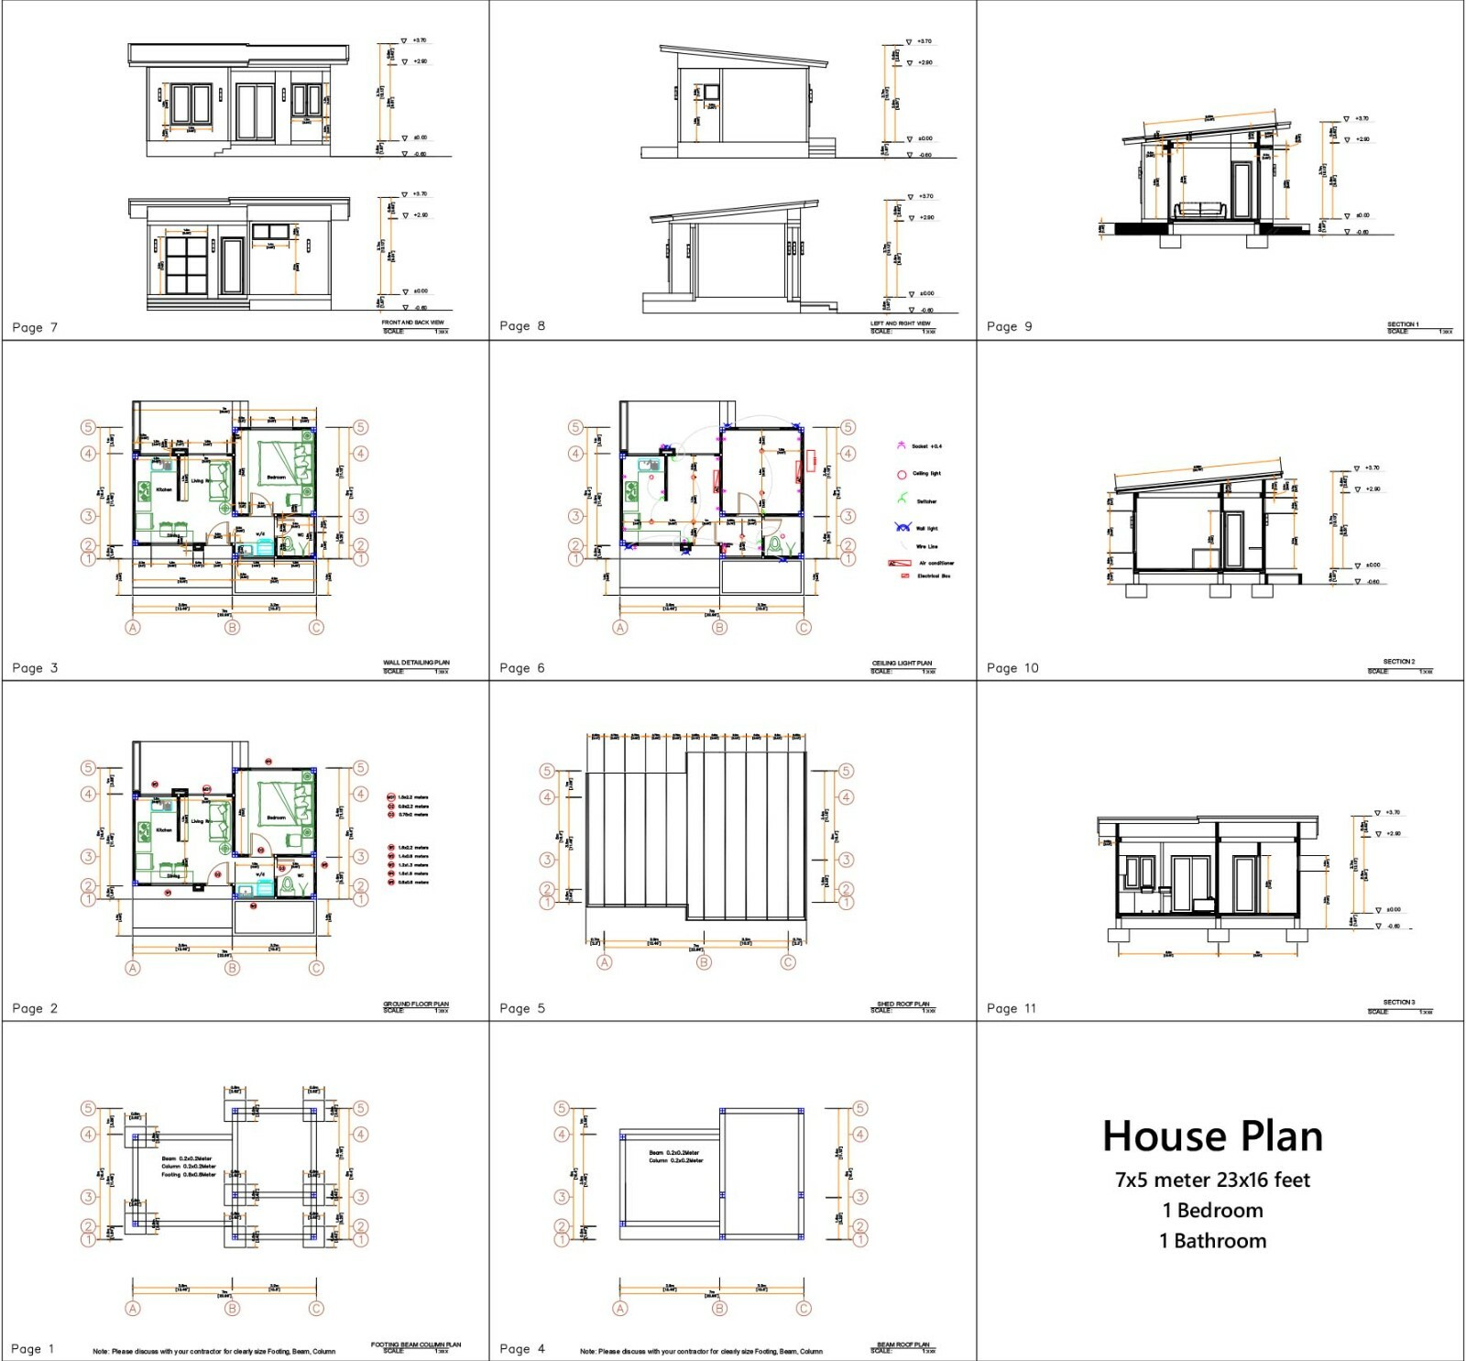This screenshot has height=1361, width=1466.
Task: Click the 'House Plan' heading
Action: click(x=1212, y=1136)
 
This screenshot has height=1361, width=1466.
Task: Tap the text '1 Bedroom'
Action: click(x=1212, y=1210)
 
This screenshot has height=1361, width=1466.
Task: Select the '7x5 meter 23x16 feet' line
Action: click(x=1212, y=1180)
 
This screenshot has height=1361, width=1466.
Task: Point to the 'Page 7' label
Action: click(x=35, y=327)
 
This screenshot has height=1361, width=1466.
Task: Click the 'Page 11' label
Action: click(x=1012, y=1008)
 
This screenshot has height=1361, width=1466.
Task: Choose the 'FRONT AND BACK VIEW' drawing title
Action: click(x=412, y=323)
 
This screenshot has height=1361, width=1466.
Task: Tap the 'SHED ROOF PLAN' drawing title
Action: click(x=903, y=1004)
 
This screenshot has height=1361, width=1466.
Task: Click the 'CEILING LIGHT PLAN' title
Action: click(x=902, y=663)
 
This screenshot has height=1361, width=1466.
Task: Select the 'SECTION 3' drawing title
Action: click(x=1399, y=1002)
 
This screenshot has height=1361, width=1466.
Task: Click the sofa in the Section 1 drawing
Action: click(x=1199, y=210)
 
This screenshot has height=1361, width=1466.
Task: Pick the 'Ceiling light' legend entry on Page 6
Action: click(x=925, y=474)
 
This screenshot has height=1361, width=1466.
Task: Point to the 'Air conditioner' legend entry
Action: click(x=935, y=563)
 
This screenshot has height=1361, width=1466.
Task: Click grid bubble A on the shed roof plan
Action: click(x=604, y=962)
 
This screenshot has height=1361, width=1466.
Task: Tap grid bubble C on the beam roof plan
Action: click(x=804, y=1309)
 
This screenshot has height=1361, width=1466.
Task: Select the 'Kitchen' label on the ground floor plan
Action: click(x=164, y=830)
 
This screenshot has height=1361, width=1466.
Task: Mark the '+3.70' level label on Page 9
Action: click(x=1362, y=118)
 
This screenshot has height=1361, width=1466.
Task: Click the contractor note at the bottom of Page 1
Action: click(x=213, y=1351)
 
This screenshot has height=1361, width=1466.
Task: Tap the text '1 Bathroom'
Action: click(x=1212, y=1240)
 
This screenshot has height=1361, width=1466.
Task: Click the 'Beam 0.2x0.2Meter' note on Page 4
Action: click(x=673, y=1153)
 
